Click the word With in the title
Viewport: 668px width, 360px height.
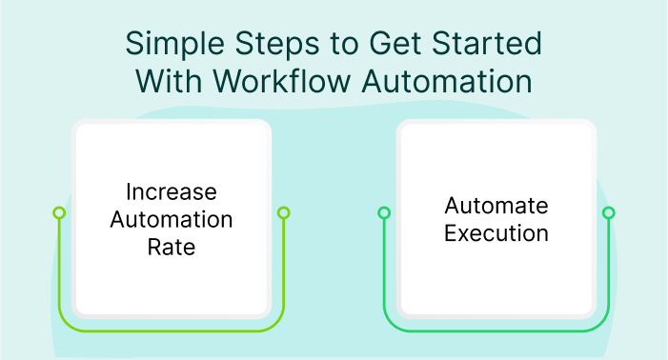click(x=172, y=82)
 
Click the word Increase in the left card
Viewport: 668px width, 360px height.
click(x=172, y=191)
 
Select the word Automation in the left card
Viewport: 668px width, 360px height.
click(x=172, y=219)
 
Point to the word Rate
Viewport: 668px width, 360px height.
click(x=172, y=247)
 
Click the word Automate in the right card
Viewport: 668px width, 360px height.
click(x=496, y=206)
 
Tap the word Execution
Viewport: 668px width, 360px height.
click(x=496, y=233)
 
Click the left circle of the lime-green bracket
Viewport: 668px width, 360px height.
click(x=59, y=212)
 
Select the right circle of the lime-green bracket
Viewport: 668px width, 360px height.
click(x=283, y=212)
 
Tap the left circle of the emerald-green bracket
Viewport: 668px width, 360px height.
click(x=384, y=212)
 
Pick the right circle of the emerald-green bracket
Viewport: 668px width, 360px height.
click(x=609, y=212)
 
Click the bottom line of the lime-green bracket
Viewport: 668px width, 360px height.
click(x=172, y=331)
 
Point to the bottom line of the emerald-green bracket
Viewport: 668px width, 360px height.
click(x=496, y=331)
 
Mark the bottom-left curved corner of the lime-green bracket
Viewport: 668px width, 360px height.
click(x=65, y=325)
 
